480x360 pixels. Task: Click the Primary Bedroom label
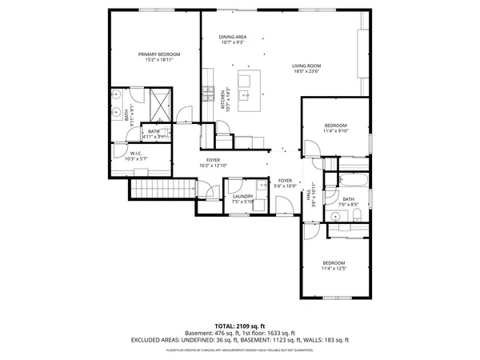[x=158, y=54]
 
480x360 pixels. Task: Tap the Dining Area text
[x=233, y=37]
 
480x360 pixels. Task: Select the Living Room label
[x=306, y=66]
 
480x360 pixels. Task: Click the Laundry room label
[x=243, y=196]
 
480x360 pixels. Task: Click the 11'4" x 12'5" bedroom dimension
[x=334, y=269]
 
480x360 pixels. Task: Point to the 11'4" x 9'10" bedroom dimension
[x=336, y=131]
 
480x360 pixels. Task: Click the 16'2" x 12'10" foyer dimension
[x=214, y=166]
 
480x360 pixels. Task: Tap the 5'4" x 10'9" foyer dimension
[x=285, y=186]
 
